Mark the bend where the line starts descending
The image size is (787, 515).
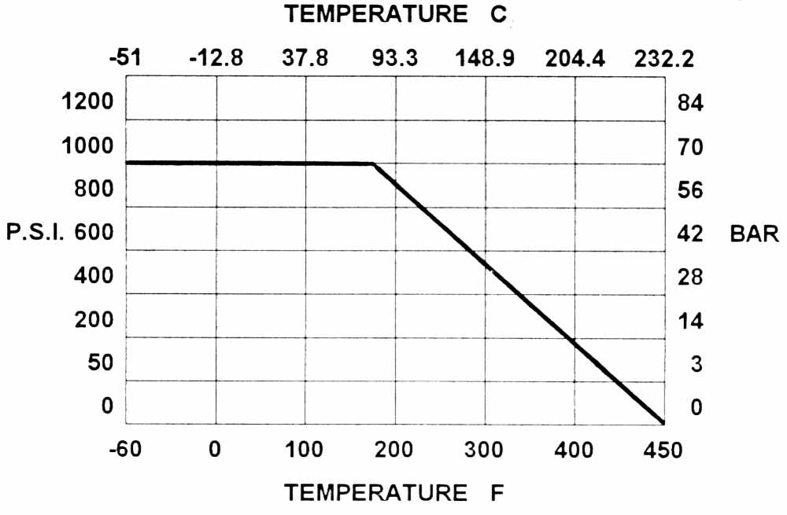(x=372, y=164)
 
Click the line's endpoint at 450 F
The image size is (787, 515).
(x=663, y=422)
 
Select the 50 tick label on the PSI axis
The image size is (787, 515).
(x=100, y=363)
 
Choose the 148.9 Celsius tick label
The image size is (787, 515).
(x=483, y=60)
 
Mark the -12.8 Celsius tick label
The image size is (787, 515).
(x=216, y=60)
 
